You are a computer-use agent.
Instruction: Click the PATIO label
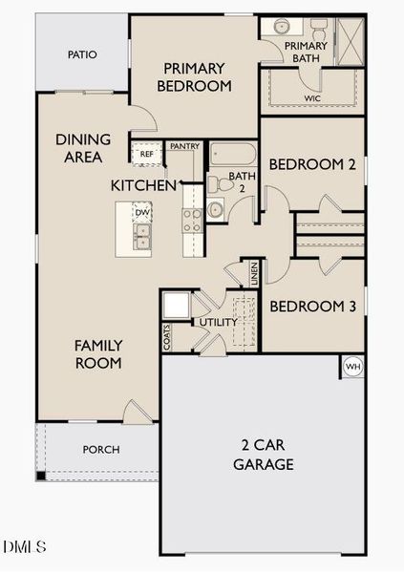coord(82,54)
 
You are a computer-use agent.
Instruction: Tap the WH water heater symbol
coord(352,367)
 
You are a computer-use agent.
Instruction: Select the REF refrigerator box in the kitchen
coord(147,154)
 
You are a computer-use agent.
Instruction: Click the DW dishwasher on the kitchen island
coord(142,212)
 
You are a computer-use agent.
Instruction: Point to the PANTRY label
coord(185,146)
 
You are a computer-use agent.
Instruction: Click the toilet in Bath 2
coord(220,184)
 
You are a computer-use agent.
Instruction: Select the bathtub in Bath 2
coord(233,154)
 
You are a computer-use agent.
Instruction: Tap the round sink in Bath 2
coord(215,210)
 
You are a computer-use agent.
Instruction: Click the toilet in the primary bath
coord(319,29)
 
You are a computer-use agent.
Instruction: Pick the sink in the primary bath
coord(282,27)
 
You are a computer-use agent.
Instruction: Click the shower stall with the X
coord(351,42)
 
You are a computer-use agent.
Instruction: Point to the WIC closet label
coord(312,98)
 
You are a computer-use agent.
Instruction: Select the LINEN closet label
coord(254,274)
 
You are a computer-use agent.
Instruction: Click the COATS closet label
coord(167,337)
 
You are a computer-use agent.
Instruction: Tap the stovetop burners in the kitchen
coord(193,221)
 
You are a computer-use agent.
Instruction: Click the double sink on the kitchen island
coord(142,237)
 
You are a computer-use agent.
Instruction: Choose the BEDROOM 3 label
coord(312,307)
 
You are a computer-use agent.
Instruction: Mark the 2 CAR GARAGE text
coord(264,455)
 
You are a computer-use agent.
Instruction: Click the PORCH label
coord(101,450)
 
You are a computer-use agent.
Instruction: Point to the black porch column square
coord(40,476)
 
